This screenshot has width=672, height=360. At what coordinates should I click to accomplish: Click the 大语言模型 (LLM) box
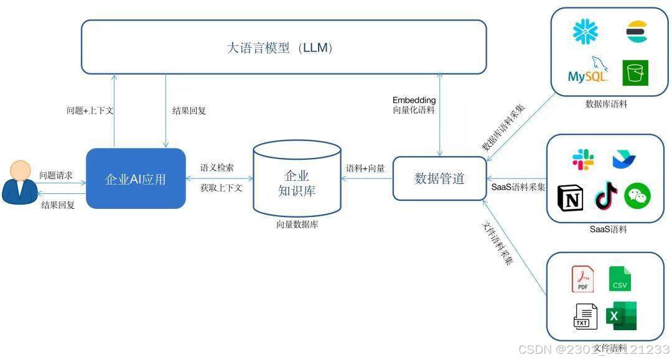[x=284, y=47]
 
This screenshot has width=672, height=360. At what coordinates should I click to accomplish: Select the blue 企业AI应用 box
[x=136, y=178]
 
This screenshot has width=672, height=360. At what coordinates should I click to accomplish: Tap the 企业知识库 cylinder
[x=297, y=180]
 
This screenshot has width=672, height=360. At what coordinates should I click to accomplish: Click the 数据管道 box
[x=439, y=178]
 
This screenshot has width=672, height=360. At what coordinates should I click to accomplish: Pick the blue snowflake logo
[x=585, y=32]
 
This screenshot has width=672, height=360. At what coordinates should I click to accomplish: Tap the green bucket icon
[x=635, y=73]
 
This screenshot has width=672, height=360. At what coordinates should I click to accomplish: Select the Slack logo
[x=583, y=159]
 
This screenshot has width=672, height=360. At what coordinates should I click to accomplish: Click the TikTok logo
[x=606, y=195]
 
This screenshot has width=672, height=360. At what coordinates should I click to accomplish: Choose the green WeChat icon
[x=637, y=195]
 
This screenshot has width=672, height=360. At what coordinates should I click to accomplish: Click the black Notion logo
[x=569, y=197]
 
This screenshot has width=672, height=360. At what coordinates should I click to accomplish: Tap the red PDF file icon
[x=582, y=279]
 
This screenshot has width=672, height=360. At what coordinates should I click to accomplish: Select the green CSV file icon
[x=620, y=279]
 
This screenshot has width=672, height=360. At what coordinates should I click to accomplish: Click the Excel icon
[x=622, y=316]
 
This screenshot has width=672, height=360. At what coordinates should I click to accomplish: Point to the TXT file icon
[x=584, y=316]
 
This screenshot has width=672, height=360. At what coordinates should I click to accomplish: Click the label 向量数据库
[x=297, y=225]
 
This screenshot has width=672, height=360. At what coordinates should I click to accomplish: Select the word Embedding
[x=414, y=100]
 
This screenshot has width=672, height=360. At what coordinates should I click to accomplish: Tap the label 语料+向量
[x=365, y=168]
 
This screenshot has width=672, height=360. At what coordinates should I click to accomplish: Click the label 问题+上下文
[x=90, y=111]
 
